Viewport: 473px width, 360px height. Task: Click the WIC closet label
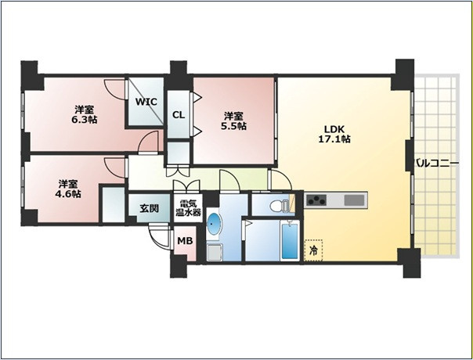pos(146,102)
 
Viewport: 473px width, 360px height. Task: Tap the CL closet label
pos(179,115)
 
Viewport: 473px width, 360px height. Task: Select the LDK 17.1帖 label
pos(334,134)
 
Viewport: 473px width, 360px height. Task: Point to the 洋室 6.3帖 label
pos(84,115)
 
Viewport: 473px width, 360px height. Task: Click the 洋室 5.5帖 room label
pos(233,121)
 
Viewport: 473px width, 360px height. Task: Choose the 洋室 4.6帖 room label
pos(68,189)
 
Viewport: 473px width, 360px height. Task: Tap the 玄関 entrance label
pos(150,208)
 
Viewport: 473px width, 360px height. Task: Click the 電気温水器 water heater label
pos(189,208)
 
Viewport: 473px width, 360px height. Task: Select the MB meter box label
pos(185,241)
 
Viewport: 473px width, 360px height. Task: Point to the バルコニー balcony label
pos(437,164)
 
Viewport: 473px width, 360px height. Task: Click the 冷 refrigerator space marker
pos(314,250)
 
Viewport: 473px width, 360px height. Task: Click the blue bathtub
pos(290,241)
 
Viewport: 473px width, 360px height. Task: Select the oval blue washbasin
pos(214,224)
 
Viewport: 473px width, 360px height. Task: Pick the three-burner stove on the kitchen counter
pos(316,200)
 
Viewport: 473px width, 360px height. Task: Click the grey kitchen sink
pos(354,200)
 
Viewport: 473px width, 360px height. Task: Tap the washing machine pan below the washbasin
pos(215,253)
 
